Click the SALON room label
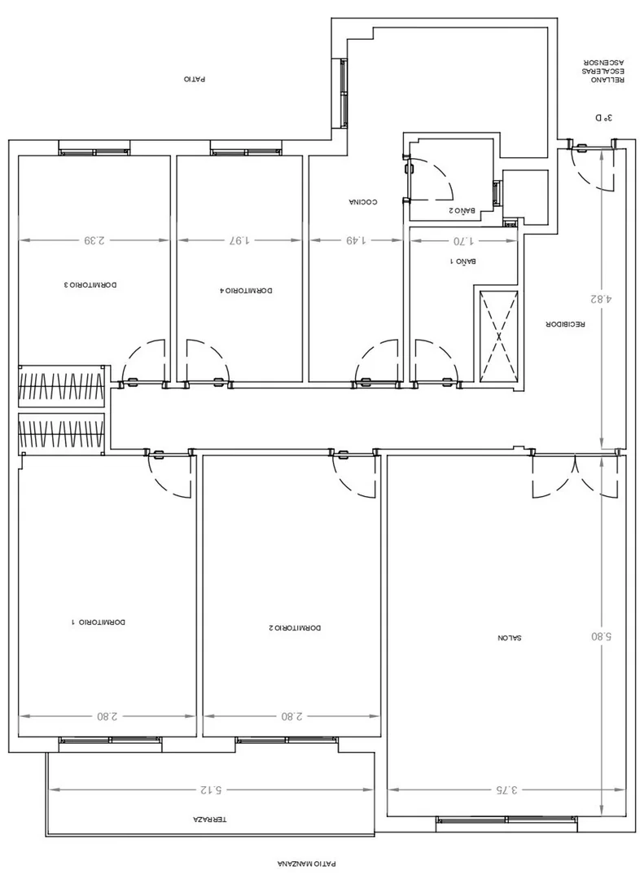coord(510,638)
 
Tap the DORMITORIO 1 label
coord(99,622)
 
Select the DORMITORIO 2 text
coord(295,628)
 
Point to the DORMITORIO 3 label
coord(90,285)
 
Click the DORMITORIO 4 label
coord(246,290)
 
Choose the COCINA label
coord(362,202)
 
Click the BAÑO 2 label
coord(462,211)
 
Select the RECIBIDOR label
coord(565,324)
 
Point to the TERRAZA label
coord(209,819)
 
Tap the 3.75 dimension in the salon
coord(506,790)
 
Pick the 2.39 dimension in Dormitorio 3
coord(94,240)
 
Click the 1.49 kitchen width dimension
coord(355,240)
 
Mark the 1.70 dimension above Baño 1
coord(463,241)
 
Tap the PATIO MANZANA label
coord(307,864)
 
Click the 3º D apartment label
coord(604,118)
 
